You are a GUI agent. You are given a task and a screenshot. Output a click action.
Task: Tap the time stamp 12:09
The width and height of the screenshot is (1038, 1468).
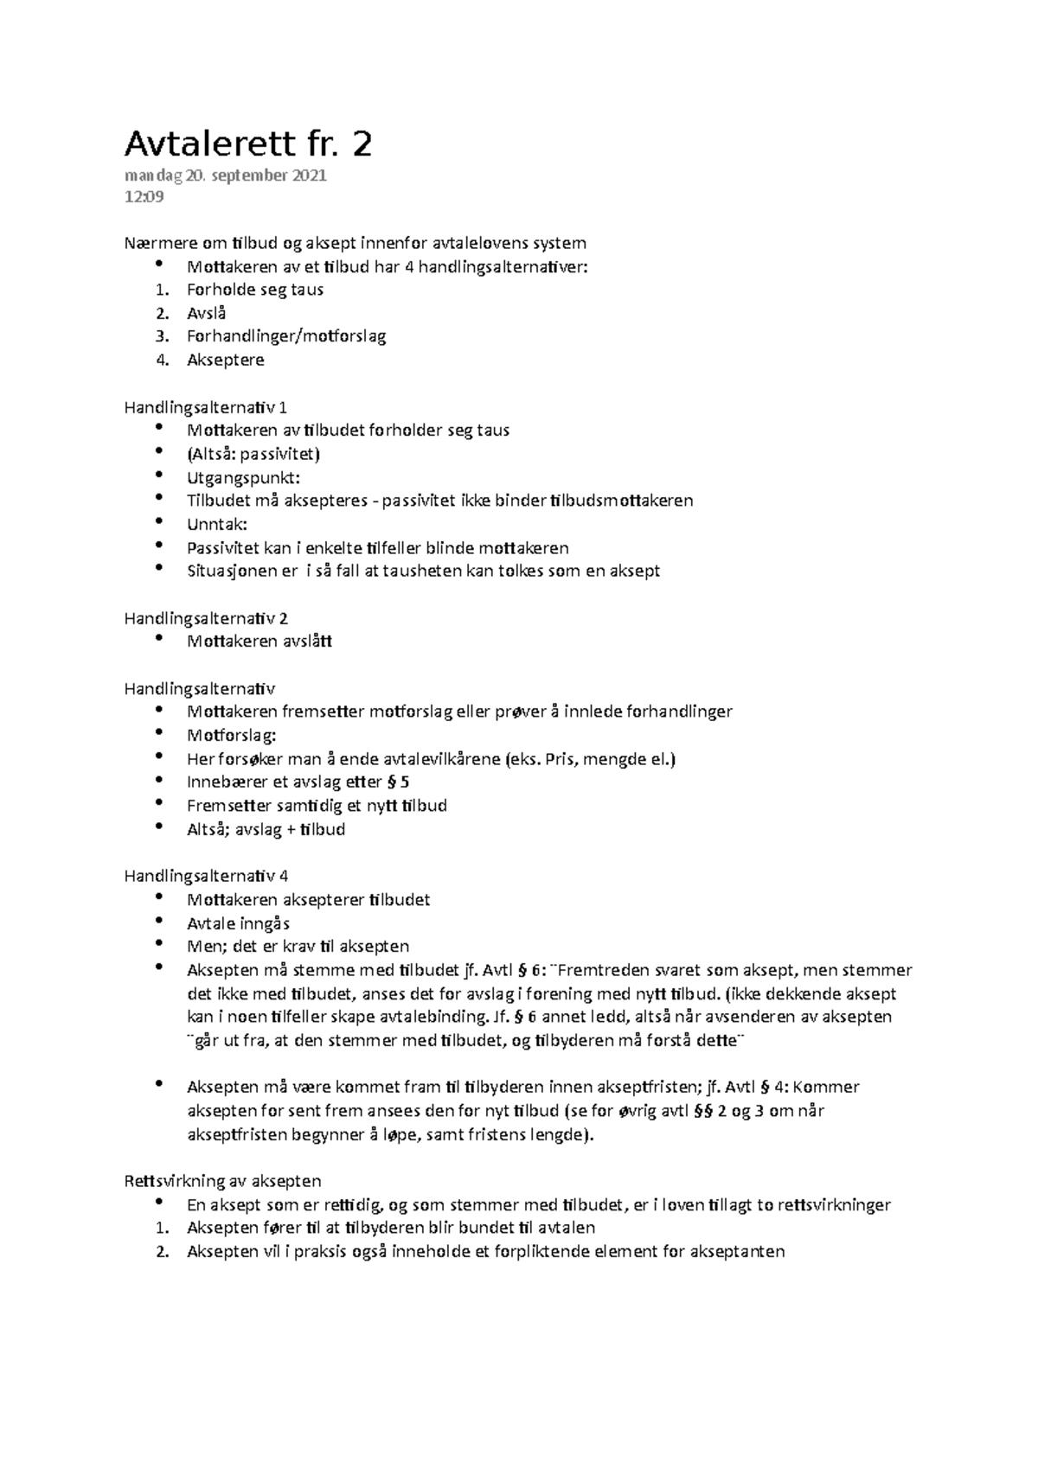[x=144, y=197]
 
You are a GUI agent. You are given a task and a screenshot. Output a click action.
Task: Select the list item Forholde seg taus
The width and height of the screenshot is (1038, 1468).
[x=255, y=290]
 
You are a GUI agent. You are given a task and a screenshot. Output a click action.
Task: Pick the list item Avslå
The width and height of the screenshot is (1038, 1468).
[x=207, y=313]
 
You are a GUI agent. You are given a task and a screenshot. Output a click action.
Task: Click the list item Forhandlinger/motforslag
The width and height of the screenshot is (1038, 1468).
[x=286, y=336]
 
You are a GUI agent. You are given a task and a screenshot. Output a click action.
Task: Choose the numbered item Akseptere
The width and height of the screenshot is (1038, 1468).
[x=226, y=360]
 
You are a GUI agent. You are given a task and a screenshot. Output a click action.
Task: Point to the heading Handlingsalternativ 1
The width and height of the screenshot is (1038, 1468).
[x=206, y=406]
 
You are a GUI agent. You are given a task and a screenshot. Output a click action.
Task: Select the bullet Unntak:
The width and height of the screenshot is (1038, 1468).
[x=217, y=524]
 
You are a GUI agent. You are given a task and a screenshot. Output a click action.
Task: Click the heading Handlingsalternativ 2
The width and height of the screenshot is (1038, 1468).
[x=206, y=618]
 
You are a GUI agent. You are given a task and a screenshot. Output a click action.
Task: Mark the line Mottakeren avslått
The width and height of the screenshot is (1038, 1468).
[x=259, y=641]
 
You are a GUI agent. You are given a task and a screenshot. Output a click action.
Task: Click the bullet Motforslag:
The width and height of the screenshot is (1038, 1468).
[x=232, y=735]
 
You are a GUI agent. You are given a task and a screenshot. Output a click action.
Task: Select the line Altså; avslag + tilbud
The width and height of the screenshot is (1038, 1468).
[x=266, y=829]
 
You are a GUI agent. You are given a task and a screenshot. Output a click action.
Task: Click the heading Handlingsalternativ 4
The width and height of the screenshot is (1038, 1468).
[x=206, y=876]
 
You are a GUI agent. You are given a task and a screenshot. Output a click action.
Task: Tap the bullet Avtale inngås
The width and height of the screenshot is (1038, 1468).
[x=238, y=923]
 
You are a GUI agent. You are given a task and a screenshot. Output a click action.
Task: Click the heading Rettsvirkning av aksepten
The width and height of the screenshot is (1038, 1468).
[x=223, y=1181]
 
